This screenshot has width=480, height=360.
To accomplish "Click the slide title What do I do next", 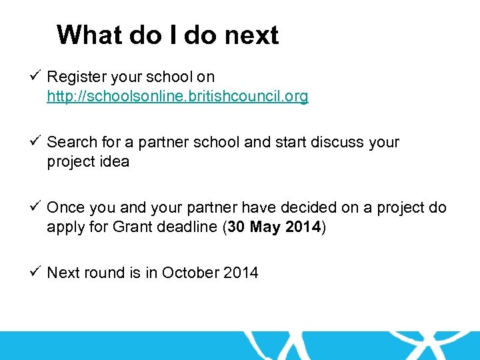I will pyautogui.click(x=167, y=35).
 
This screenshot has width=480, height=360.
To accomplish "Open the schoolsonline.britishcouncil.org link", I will pyautogui.click(x=177, y=97).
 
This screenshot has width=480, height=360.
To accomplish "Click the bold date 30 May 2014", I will pyautogui.click(x=274, y=227).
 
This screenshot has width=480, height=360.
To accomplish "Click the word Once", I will pyautogui.click(x=65, y=207).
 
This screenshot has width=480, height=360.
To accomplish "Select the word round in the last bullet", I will pyautogui.click(x=103, y=273).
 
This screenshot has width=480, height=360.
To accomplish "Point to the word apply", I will pyautogui.click(x=65, y=228).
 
